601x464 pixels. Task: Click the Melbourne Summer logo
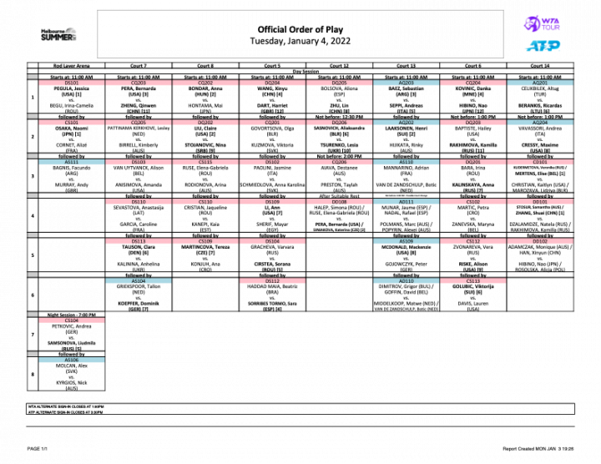coord(58,34)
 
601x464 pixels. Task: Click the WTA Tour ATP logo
coord(543,34)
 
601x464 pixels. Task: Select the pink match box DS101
coord(72,83)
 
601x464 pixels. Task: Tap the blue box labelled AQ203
coord(407,83)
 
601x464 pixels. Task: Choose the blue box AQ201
coord(540,83)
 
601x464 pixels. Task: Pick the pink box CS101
coord(72,123)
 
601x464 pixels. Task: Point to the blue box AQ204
coord(540,123)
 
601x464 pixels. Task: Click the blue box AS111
coord(72,162)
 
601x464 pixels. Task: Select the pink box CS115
coord(205,162)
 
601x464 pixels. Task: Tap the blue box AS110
coord(407,162)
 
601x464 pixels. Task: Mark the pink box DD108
coord(339,202)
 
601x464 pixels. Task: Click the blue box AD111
coord(407,202)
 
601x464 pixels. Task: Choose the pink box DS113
coord(139,241)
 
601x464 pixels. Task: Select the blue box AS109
coord(407,241)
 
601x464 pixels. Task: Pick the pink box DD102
coord(540,241)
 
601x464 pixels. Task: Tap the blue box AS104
coord(139,281)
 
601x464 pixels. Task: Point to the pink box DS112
coord(272,281)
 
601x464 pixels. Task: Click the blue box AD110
coord(407,281)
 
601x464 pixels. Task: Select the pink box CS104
coord(72,320)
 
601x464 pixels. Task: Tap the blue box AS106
coord(72,361)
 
